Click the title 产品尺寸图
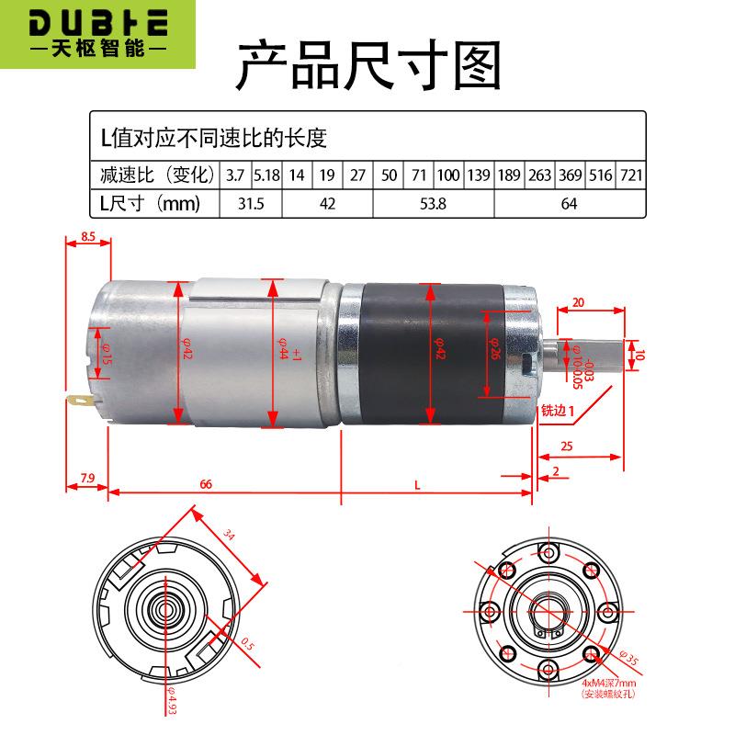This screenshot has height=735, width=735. (367, 65)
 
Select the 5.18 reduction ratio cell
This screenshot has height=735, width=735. (266, 175)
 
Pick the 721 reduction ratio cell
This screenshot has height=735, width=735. (630, 175)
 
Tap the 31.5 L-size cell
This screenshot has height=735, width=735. (251, 204)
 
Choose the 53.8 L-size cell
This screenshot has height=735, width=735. (433, 204)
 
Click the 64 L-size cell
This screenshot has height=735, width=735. (569, 204)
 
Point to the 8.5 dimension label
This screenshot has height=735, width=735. (87, 237)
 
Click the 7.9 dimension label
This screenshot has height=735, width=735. (88, 478)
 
